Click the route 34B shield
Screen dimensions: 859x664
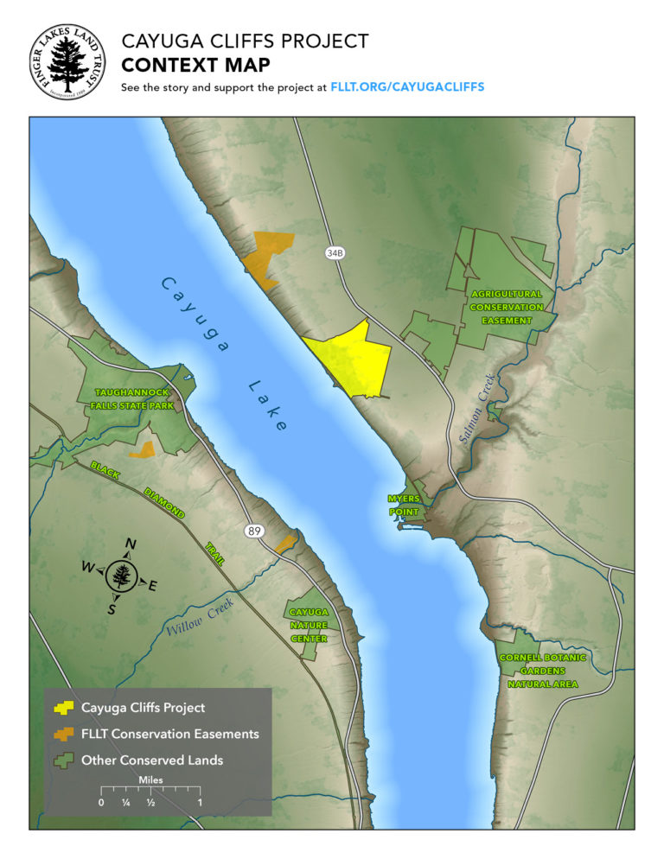point(335,253)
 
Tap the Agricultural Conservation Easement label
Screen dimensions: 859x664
point(507,307)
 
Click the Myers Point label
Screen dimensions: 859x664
point(404,506)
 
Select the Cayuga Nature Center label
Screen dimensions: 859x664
point(309,625)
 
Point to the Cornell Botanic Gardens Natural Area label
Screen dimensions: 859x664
point(543,671)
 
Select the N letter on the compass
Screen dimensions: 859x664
point(131,544)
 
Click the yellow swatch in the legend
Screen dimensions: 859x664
point(63,708)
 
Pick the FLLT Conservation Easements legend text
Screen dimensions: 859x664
point(170,734)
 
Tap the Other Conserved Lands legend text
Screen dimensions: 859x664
point(152,760)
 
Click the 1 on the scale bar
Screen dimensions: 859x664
point(200,802)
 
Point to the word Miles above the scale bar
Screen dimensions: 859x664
point(150,779)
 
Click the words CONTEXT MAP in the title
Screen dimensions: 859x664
point(195,66)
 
